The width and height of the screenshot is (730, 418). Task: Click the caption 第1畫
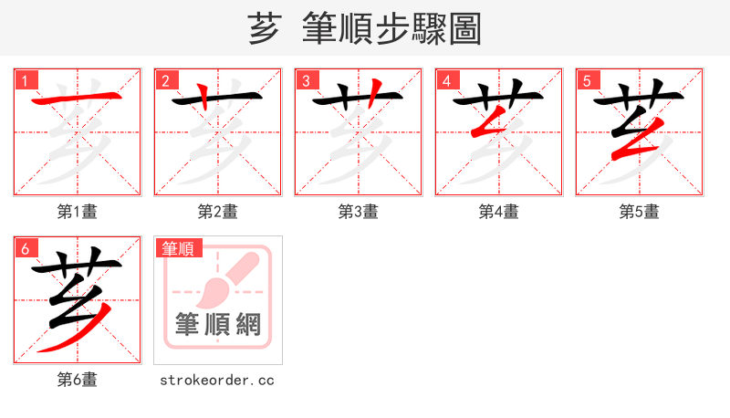[78, 212]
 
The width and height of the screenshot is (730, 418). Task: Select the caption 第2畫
[218, 212]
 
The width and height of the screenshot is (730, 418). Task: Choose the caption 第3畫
[359, 212]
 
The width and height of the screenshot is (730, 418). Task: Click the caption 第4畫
[499, 212]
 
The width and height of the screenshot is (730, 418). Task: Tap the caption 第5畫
[640, 212]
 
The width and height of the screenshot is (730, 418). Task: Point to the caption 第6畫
[78, 380]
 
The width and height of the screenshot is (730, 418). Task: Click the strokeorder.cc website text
[217, 380]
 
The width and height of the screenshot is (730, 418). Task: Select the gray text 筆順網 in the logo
[218, 325]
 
